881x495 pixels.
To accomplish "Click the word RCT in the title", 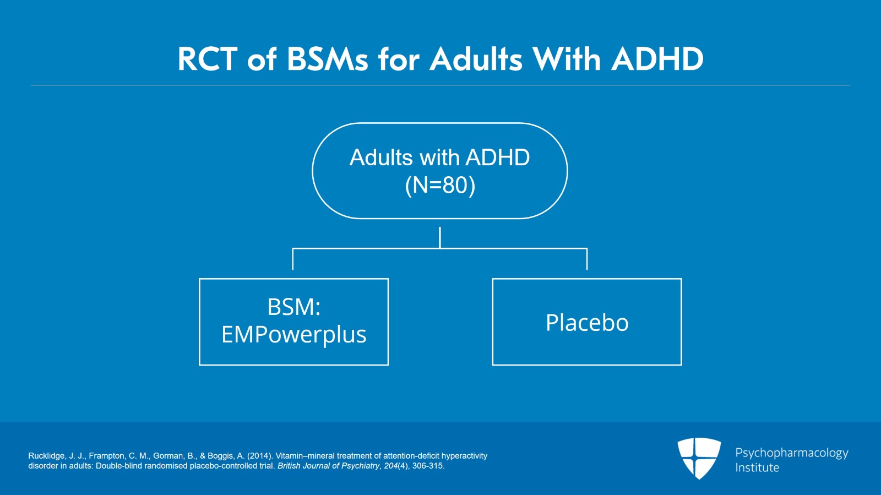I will coord(207,59).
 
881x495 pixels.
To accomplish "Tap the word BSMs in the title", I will coord(327,59).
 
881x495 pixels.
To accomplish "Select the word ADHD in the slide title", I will coord(657,59).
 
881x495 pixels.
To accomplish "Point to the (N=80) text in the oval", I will coord(440,185).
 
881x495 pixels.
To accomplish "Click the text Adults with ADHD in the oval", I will coord(439,157).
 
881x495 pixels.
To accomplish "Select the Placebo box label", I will coord(587,323).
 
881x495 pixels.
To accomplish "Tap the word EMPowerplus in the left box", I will coord(293,335).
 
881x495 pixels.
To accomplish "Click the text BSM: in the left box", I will coord(293,307).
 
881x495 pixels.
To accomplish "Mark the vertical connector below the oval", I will coord(440,237).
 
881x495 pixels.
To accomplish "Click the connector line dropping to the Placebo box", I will coord(587,259).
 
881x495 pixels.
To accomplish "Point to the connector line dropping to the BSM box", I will coord(293,259).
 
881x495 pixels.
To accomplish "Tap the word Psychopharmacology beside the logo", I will coord(791,453).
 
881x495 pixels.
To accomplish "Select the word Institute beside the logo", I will coord(757,468).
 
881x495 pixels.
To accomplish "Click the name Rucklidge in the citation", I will coord(46,456).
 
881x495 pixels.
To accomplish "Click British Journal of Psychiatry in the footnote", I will coord(328,466).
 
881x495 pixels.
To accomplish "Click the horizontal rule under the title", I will coord(440,85).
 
